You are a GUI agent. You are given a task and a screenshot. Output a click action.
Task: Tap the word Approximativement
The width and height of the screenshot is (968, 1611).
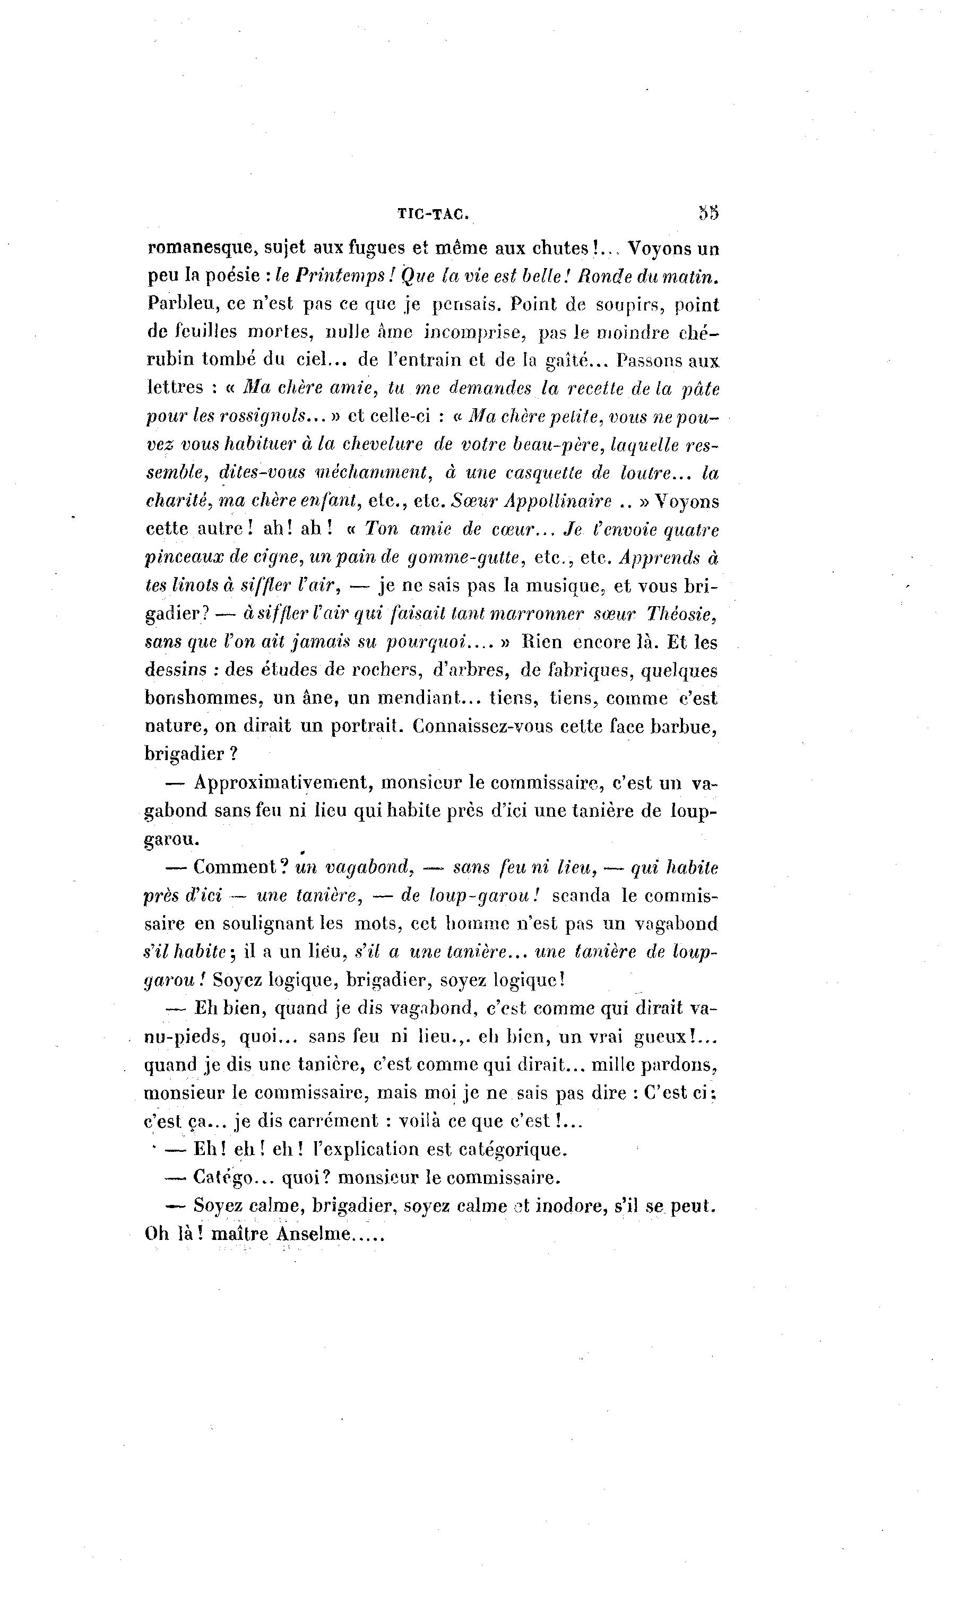pyautogui.click(x=282, y=782)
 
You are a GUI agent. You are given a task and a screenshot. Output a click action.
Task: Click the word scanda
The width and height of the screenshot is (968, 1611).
pyautogui.click(x=581, y=895)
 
